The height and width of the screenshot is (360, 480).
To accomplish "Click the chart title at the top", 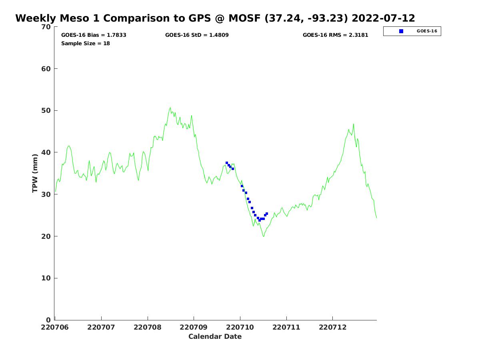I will (215, 18).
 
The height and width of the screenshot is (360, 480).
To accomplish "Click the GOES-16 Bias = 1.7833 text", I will (94, 35).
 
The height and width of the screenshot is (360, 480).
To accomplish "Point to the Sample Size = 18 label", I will (85, 43).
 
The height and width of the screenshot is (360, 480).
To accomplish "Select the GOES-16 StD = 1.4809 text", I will (197, 35).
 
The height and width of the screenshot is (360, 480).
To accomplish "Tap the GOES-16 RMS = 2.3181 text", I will (335, 35).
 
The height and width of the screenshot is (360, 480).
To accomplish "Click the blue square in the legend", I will (401, 31).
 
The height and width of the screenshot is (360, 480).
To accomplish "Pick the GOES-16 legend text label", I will (427, 31).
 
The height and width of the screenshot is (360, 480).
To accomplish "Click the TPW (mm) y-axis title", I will (35, 173).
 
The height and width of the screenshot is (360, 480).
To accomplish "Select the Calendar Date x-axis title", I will (215, 336).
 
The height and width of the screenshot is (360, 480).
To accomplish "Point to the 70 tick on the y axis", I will (47, 27).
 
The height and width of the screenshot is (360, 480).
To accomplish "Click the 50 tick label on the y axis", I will (47, 110).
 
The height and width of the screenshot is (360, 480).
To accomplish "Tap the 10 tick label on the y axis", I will (47, 278).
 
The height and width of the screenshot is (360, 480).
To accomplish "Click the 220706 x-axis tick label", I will (55, 327).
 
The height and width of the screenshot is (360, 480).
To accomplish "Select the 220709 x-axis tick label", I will (194, 327).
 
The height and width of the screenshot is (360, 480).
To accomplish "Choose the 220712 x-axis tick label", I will (332, 327).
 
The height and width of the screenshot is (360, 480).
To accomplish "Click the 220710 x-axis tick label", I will (240, 327).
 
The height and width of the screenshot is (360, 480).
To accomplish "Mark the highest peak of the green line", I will (170, 107).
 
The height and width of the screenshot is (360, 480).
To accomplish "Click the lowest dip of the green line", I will (264, 236).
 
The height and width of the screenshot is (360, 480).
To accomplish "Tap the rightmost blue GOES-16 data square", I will (267, 214).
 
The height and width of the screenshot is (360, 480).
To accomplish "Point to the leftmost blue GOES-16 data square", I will (227, 163).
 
